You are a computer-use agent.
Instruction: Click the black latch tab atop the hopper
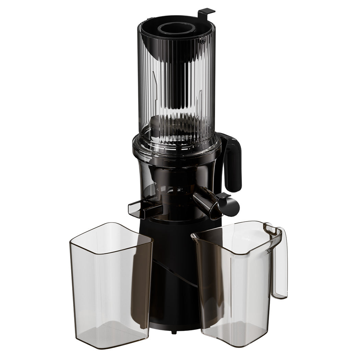point(206,12)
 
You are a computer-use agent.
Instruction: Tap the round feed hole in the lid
point(176,27)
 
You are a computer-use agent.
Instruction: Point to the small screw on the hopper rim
point(203,41)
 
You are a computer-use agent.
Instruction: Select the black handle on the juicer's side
point(233,161)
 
